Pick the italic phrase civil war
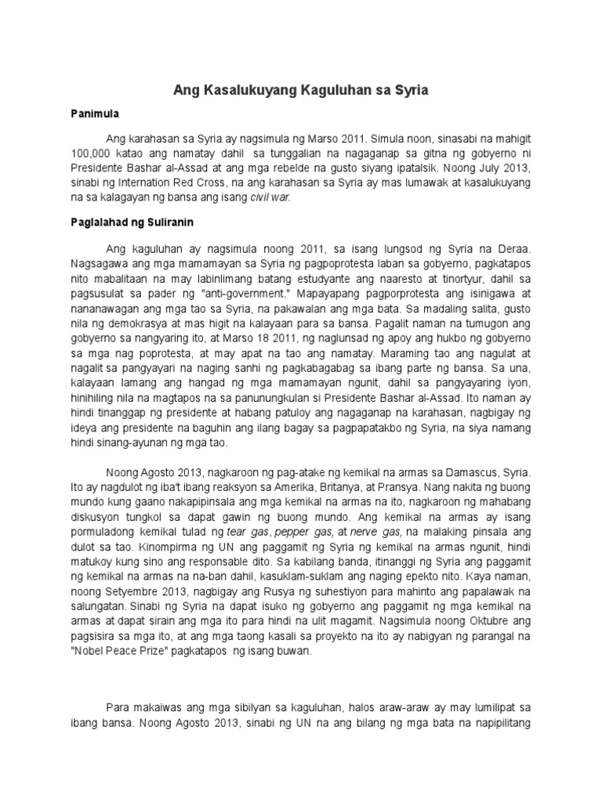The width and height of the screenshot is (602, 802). click(270, 197)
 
